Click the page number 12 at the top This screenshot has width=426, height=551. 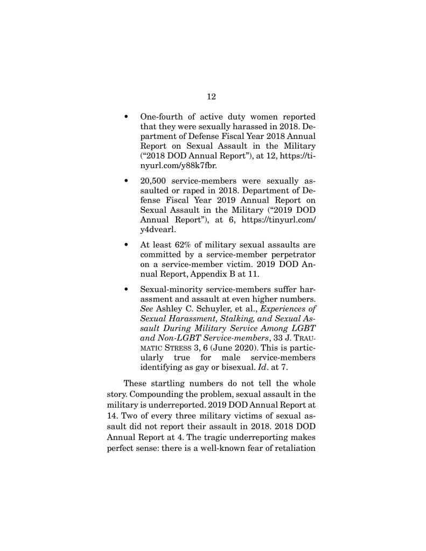pyautogui.click(x=211, y=96)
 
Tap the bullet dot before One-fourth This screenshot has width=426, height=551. pyautogui.click(x=125, y=117)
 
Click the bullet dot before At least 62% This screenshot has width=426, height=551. pyautogui.click(x=125, y=244)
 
